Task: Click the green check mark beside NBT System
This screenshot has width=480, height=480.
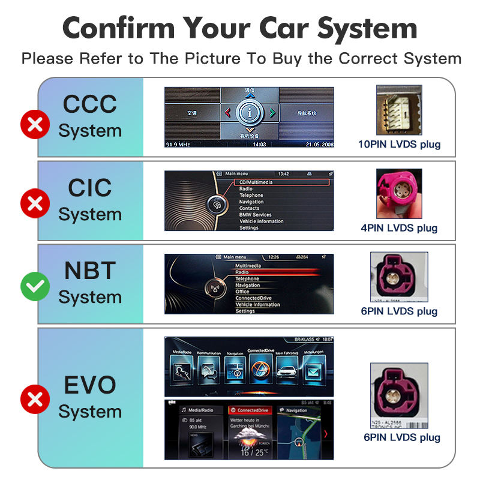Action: pos(35,287)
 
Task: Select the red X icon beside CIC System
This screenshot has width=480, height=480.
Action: pos(35,205)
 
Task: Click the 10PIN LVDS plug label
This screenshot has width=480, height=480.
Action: pos(399,144)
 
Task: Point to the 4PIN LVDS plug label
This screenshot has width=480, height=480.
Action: pos(399,227)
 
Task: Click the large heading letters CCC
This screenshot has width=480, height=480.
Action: pos(90,104)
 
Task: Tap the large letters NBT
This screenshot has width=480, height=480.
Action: pos(90,271)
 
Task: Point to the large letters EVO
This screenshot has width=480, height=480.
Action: pos(90,385)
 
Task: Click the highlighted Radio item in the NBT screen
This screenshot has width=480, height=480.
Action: pos(242,272)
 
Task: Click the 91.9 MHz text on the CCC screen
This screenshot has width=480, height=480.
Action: pos(179,145)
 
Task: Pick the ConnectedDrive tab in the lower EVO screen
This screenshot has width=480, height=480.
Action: pos(250,410)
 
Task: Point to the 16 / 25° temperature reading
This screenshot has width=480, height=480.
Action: pos(250,451)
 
